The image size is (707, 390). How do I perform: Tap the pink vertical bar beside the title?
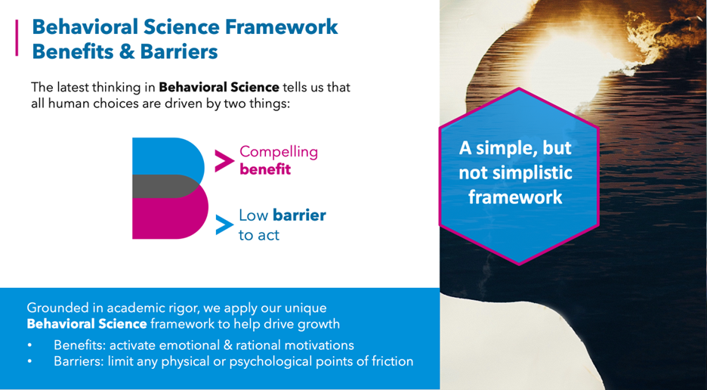pyautogui.click(x=17, y=38)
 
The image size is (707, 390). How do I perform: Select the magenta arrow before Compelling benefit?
pyautogui.click(x=224, y=160)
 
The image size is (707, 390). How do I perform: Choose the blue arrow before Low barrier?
pyautogui.click(x=224, y=225)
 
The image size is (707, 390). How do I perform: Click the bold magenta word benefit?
pyautogui.click(x=265, y=169)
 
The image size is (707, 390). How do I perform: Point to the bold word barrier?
pyautogui.click(x=299, y=215)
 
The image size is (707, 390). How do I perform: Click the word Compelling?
pyautogui.click(x=279, y=151)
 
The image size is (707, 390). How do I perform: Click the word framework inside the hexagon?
pyautogui.click(x=515, y=197)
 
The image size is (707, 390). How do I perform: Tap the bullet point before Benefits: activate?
pyautogui.click(x=30, y=345)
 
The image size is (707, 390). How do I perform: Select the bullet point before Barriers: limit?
pyautogui.click(x=30, y=361)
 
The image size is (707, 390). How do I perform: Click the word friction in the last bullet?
pyautogui.click(x=391, y=361)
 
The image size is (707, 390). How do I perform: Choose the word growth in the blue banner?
pyautogui.click(x=320, y=324)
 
